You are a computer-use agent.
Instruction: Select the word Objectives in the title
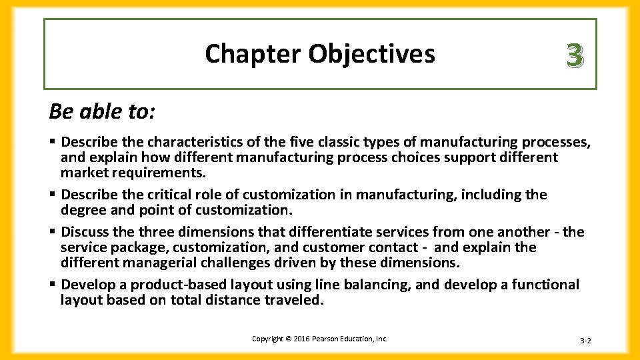click(x=371, y=53)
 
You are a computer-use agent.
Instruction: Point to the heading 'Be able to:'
click(x=102, y=111)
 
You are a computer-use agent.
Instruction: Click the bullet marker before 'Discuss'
click(x=53, y=232)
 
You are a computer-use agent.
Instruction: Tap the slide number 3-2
click(x=585, y=341)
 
